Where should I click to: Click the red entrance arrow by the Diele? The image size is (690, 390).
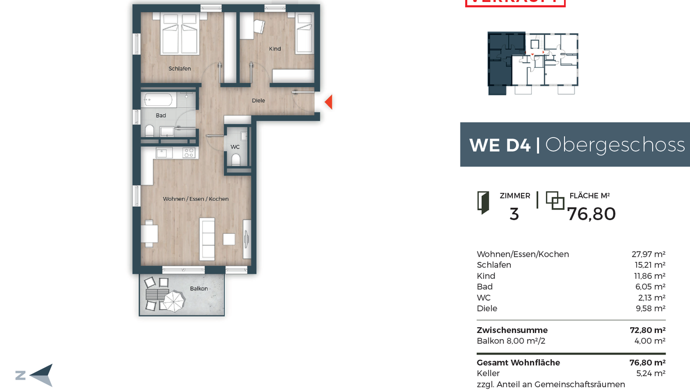[x=329, y=102]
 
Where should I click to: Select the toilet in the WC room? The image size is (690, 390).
[x=235, y=159]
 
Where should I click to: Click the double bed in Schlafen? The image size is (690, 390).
[x=180, y=34]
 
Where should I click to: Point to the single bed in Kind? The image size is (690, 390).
[x=304, y=33]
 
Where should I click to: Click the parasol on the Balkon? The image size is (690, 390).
[x=173, y=302]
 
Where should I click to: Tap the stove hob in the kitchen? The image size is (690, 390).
[x=189, y=153]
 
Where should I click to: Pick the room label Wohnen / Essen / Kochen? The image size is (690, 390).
[x=195, y=199]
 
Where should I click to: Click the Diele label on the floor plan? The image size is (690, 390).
[x=258, y=101]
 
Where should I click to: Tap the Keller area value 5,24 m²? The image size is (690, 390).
[x=650, y=373]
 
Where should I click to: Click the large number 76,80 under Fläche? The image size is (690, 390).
[x=591, y=214]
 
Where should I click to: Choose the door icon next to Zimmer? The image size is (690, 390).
[x=483, y=202]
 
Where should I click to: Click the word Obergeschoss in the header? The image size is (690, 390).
[x=615, y=144]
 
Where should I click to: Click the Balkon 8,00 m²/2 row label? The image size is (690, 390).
[x=511, y=341]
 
